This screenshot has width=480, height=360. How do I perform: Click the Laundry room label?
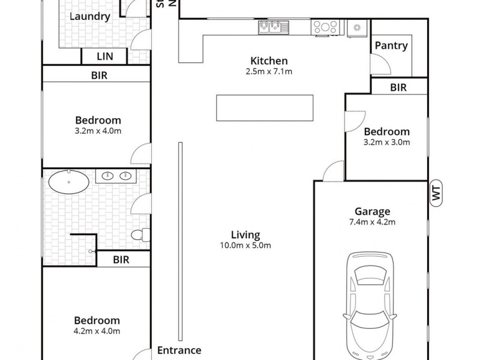[x=89, y=16]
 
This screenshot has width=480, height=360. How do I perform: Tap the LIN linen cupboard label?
[x=104, y=56]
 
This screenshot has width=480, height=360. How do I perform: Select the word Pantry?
[x=391, y=46]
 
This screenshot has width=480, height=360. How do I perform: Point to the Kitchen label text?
[x=269, y=61]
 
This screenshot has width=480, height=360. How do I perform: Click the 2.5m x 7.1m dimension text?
[x=269, y=71]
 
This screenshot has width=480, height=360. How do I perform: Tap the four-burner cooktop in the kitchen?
[x=325, y=26]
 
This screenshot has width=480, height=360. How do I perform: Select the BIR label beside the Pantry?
[x=398, y=88]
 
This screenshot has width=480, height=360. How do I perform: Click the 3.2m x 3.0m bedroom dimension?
[x=387, y=142]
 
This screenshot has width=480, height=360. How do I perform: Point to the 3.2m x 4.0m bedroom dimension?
[x=98, y=131]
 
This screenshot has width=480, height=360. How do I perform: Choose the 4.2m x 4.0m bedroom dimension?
[x=97, y=331]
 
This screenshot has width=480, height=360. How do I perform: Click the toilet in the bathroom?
[x=139, y=235]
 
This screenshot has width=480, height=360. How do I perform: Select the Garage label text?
[x=372, y=211]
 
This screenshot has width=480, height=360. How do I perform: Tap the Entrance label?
[x=179, y=350]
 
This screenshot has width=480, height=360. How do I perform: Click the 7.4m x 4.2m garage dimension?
[x=372, y=221]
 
